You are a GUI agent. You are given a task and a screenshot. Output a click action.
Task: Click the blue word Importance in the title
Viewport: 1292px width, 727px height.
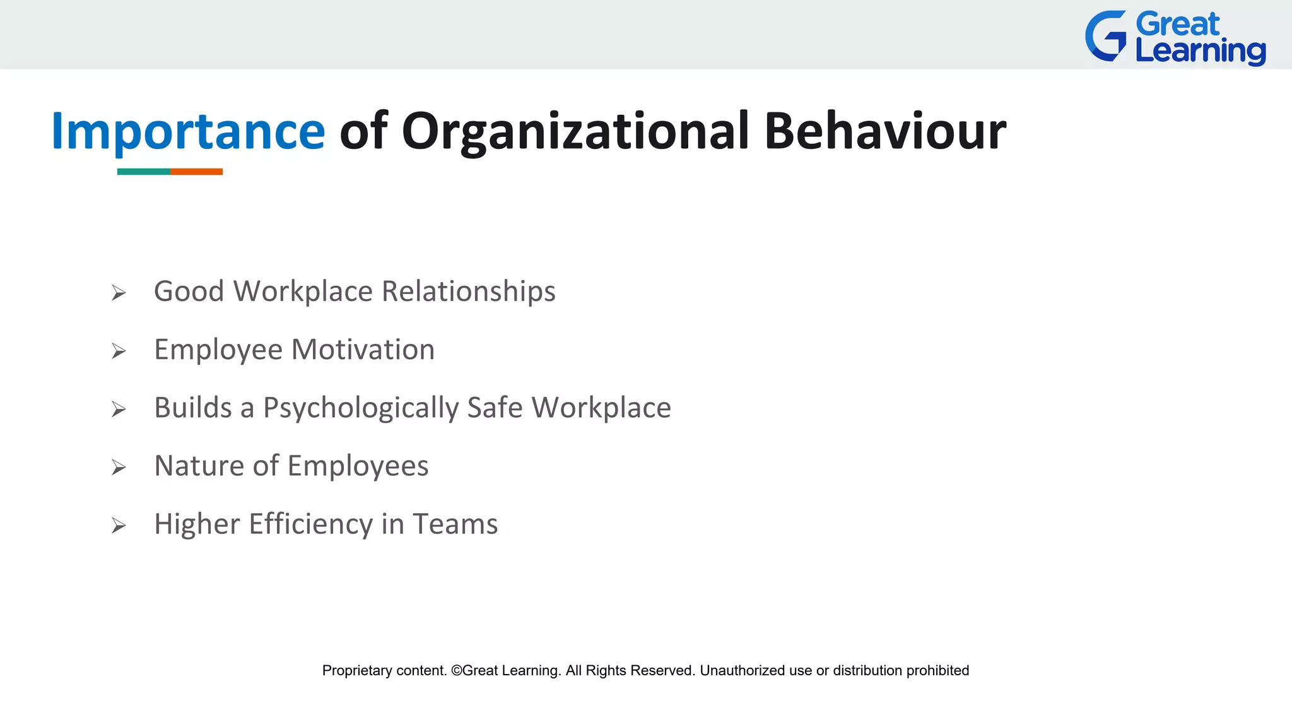pyautogui.click(x=188, y=131)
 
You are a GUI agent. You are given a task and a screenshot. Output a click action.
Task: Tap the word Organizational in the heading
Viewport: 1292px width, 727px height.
pyautogui.click(x=575, y=131)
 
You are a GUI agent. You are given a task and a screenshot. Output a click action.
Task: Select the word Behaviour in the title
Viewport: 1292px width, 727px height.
pyautogui.click(x=884, y=131)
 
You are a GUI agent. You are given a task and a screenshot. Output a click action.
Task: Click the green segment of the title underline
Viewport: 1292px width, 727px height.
pyautogui.click(x=143, y=172)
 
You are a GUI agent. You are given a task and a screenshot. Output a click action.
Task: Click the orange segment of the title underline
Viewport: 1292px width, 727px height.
pyautogui.click(x=196, y=172)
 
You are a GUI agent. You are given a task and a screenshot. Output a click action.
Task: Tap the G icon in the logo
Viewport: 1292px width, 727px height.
pyautogui.click(x=1106, y=37)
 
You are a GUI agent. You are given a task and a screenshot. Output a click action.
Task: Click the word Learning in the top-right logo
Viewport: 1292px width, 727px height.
pyautogui.click(x=1200, y=52)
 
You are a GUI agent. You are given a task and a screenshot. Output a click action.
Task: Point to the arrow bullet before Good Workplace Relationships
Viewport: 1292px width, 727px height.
pyautogui.click(x=119, y=293)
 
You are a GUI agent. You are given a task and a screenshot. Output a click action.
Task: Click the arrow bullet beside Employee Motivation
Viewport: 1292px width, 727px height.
pyautogui.click(x=119, y=351)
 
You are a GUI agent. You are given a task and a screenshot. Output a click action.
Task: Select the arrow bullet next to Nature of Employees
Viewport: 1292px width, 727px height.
pyautogui.click(x=119, y=468)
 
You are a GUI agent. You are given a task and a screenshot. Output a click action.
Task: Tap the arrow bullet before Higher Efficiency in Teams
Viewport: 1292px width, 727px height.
pyautogui.click(x=119, y=526)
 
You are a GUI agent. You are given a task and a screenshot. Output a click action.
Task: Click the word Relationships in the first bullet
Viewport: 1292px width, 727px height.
pyautogui.click(x=468, y=292)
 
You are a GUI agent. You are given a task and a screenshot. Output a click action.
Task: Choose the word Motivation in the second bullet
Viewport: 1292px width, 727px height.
pyautogui.click(x=363, y=350)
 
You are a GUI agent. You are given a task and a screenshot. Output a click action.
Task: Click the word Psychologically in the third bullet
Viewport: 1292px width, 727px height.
pyautogui.click(x=361, y=408)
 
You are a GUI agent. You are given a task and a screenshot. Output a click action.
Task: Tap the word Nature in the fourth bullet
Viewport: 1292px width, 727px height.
pyautogui.click(x=199, y=466)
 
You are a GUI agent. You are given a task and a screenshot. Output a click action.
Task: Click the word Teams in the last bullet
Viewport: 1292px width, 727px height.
pyautogui.click(x=455, y=524)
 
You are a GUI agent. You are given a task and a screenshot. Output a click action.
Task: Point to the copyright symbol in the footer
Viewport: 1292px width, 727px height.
pyautogui.click(x=456, y=671)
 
